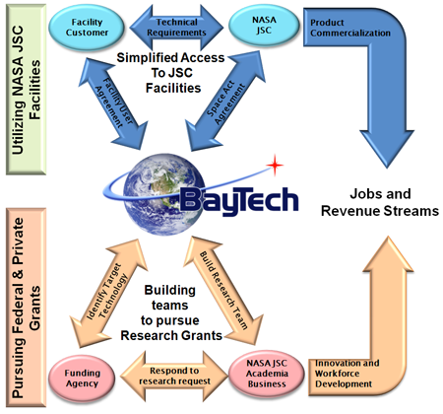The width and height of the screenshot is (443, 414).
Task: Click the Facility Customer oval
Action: click(87, 28)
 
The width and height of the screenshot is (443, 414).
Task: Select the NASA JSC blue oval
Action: click(264, 25)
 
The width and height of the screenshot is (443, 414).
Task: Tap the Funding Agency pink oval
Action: click(82, 379)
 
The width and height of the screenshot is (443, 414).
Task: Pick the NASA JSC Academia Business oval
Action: click(267, 374)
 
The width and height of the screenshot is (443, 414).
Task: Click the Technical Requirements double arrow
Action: click(176, 28)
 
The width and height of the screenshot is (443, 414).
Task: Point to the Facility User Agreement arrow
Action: click(113, 103)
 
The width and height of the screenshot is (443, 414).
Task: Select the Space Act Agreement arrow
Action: click(225, 102)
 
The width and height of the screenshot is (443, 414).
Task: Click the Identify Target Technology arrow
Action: click(108, 293)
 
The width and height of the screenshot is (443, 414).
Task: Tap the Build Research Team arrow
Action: click(223, 291)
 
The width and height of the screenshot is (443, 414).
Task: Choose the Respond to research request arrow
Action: click(174, 376)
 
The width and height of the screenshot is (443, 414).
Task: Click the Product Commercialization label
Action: click(350, 28)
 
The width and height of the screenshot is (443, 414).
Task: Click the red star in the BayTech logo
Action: click(275, 165)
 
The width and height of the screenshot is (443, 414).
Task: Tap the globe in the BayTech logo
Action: click(164, 194)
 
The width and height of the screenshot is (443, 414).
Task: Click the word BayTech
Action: click(239, 200)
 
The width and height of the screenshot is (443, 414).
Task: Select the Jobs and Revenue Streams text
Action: click(380, 202)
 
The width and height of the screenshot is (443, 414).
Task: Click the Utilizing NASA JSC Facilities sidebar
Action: click(27, 90)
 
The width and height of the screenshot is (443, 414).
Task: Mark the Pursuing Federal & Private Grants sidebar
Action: click(27, 308)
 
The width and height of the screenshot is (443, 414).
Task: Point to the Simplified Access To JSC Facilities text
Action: click(171, 73)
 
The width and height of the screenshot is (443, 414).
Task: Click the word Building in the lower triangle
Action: click(170, 290)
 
